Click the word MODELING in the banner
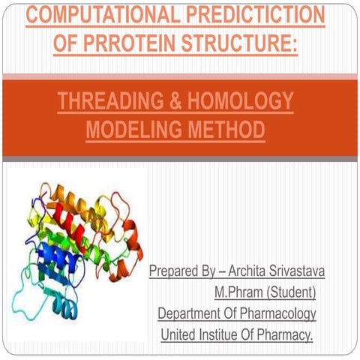coord(128,130)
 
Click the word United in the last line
coord(179,333)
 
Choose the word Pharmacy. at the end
coord(285,333)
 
